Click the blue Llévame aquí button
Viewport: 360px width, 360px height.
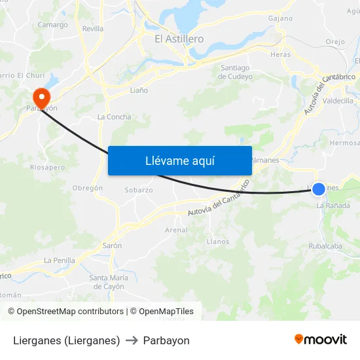(179, 160)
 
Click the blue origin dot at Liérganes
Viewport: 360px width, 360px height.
(318, 189)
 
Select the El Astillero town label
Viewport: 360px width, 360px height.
(179, 39)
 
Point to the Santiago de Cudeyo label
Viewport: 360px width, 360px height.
(236, 72)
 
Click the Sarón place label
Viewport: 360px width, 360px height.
(112, 245)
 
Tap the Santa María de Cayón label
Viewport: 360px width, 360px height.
(109, 282)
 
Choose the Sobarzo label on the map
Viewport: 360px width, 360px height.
(139, 190)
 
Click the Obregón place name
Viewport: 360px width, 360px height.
(88, 188)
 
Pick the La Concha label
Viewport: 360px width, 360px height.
(114, 117)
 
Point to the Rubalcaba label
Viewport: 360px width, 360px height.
(325, 246)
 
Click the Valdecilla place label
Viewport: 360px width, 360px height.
(338, 101)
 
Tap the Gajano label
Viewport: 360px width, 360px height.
(280, 18)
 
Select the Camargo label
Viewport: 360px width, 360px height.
(52, 25)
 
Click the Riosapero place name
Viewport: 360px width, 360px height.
(48, 168)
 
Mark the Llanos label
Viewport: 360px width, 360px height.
(218, 242)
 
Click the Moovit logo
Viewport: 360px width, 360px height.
(320, 340)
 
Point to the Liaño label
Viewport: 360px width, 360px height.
(139, 90)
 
